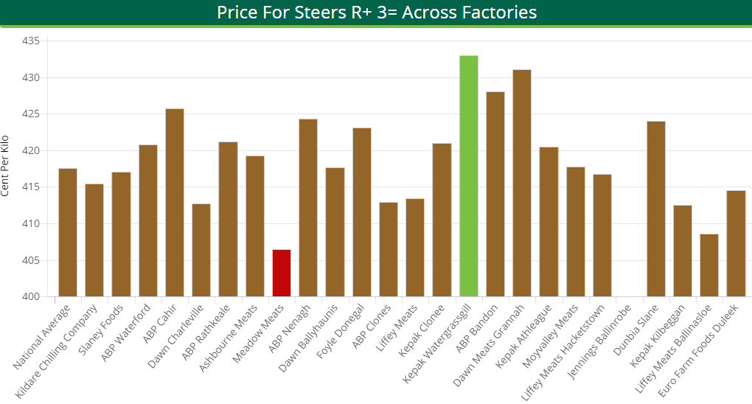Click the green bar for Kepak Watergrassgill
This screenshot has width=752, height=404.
(x=468, y=177)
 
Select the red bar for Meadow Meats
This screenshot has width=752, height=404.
(x=282, y=274)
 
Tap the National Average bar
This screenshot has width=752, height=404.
(x=68, y=233)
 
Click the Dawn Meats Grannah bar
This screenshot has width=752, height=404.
(x=522, y=184)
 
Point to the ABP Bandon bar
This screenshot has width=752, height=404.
(x=495, y=195)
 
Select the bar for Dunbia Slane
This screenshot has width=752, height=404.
(x=655, y=209)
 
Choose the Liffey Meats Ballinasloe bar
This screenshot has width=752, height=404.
(x=709, y=265)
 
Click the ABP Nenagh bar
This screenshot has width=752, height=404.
(x=308, y=208)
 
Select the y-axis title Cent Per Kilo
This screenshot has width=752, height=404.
(x=6, y=166)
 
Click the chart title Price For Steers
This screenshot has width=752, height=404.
(x=376, y=13)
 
